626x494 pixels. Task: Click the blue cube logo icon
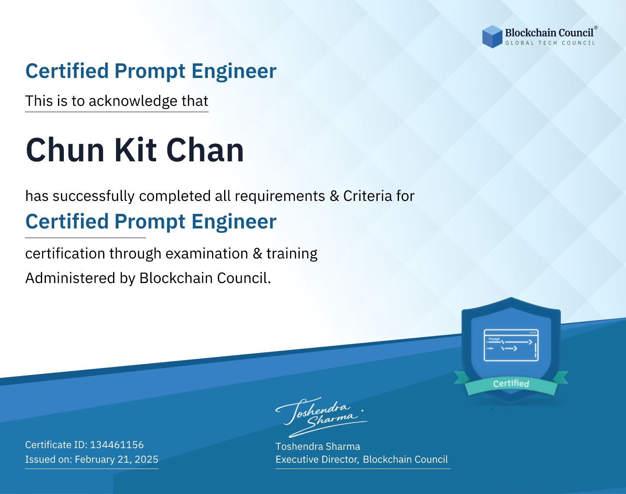[x=492, y=37]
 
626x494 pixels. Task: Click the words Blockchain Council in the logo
[x=549, y=33]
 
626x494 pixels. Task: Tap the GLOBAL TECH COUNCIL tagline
[x=550, y=43]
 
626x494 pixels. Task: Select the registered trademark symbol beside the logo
[x=596, y=28]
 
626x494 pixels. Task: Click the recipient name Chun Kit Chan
[x=135, y=150]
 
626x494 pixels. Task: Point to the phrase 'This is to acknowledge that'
[x=117, y=101]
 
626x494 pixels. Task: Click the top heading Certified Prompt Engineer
[x=151, y=71]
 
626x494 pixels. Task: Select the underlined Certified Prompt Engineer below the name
[x=151, y=221]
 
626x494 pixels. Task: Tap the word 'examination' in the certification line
[x=207, y=253]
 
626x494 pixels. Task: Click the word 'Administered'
[x=70, y=278]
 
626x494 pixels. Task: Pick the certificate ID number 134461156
[x=117, y=445]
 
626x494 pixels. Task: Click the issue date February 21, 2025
[x=116, y=459]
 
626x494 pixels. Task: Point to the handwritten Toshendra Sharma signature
[x=321, y=417]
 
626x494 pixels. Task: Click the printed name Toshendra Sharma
[x=318, y=446]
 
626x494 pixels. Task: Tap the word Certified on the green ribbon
[x=511, y=384]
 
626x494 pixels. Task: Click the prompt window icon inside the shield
[x=511, y=345]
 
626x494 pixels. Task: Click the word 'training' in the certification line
[x=292, y=254]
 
